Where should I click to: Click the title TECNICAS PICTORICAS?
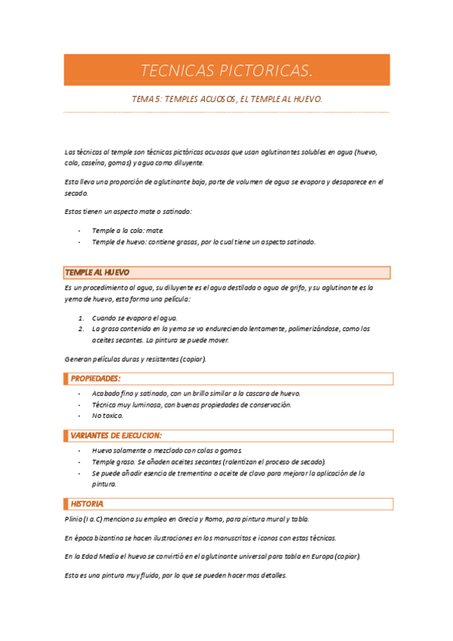pyautogui.click(x=226, y=71)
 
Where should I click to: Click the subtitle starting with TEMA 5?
pyautogui.click(x=227, y=99)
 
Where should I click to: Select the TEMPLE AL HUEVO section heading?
pyautogui.click(x=98, y=272)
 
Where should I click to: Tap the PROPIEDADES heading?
pyautogui.click(x=95, y=378)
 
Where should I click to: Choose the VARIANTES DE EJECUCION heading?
pyautogui.click(x=116, y=435)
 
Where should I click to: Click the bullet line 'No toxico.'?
pyautogui.click(x=107, y=416)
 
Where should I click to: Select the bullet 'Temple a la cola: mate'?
pyautogui.click(x=127, y=230)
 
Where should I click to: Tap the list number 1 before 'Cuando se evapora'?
pyautogui.click(x=80, y=318)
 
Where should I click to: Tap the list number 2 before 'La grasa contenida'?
pyautogui.click(x=80, y=329)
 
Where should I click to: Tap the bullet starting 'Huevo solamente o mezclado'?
pyautogui.click(x=177, y=451)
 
